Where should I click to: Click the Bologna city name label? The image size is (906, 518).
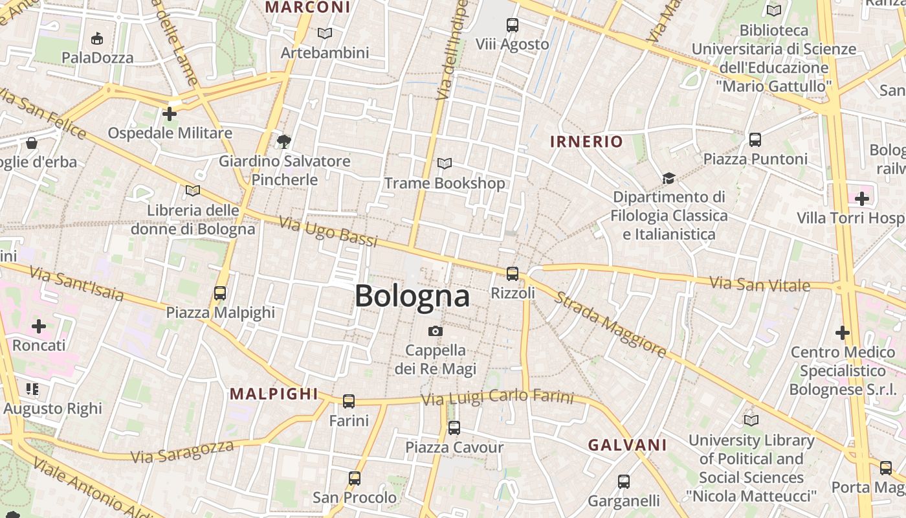point(412,297)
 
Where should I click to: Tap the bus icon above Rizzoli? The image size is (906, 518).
point(513,274)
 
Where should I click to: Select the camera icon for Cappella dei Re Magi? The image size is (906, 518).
point(436,332)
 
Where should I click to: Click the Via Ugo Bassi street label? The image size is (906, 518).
point(328,232)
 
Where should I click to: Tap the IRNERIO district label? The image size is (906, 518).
point(586,142)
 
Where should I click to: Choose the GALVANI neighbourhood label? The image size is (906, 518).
point(627,445)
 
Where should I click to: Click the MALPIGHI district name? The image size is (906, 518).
point(274,394)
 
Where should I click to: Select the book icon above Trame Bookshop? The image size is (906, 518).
point(445,164)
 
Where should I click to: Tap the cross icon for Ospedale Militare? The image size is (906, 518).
point(170,115)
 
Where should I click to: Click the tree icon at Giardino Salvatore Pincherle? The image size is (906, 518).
point(283,141)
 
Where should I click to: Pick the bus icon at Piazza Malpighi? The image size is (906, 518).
point(220,293)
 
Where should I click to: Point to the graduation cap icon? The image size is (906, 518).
point(668,178)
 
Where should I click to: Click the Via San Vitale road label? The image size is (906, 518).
point(760,284)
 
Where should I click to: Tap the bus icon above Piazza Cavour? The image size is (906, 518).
point(454,428)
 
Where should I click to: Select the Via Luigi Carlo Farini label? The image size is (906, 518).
point(497,398)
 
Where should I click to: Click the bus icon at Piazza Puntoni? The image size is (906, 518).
point(755,140)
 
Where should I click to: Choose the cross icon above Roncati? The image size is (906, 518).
point(39,326)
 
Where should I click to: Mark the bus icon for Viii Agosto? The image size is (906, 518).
point(513,25)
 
